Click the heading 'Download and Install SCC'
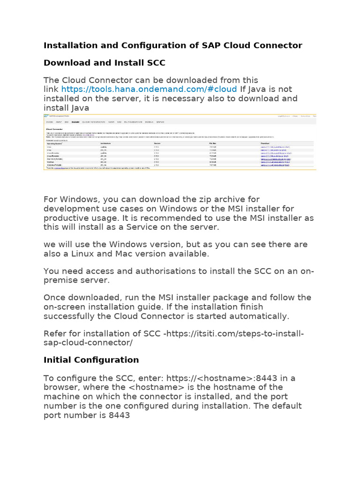point(104,62)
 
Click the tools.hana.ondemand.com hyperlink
point(149,89)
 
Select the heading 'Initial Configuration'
point(91,360)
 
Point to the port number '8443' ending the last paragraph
point(119,415)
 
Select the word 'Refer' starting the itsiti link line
point(54,333)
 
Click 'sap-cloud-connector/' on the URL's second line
point(88,342)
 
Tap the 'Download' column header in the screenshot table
point(267,143)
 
